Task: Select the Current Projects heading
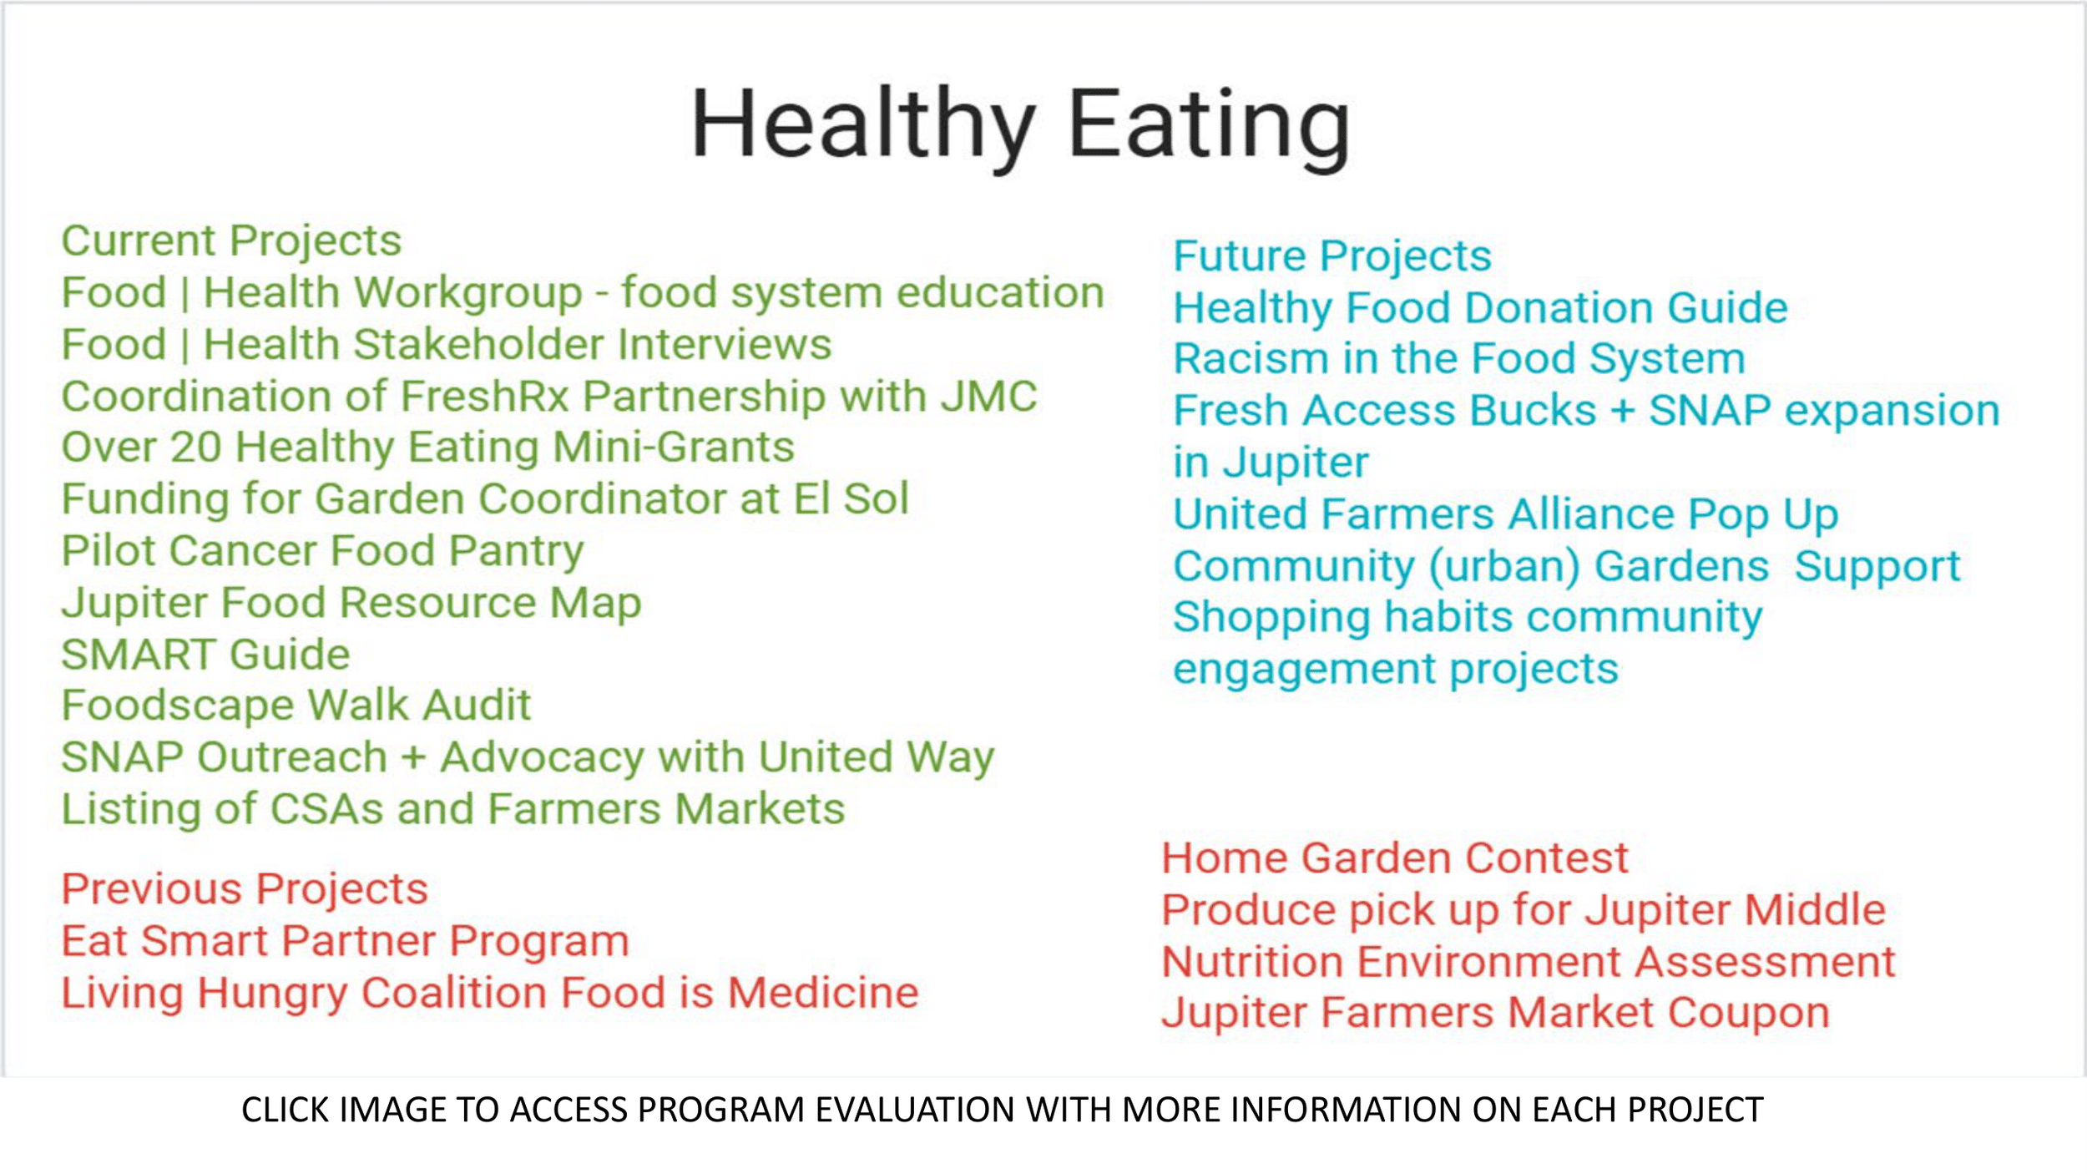pyautogui.click(x=231, y=241)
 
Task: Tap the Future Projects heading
pyautogui.click(x=1332, y=256)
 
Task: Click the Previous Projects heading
pyautogui.click(x=245, y=888)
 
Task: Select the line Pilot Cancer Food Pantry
pyautogui.click(x=322, y=551)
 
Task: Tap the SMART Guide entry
pyautogui.click(x=205, y=655)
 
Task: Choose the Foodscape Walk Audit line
pyautogui.click(x=296, y=706)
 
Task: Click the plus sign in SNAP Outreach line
pyautogui.click(x=413, y=758)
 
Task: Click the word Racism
pyautogui.click(x=1251, y=359)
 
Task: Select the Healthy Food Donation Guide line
pyautogui.click(x=1479, y=308)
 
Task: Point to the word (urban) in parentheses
pyautogui.click(x=1503, y=567)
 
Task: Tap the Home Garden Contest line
pyautogui.click(x=1394, y=858)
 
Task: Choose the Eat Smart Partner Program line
pyautogui.click(x=345, y=941)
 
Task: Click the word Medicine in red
pyautogui.click(x=822, y=993)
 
